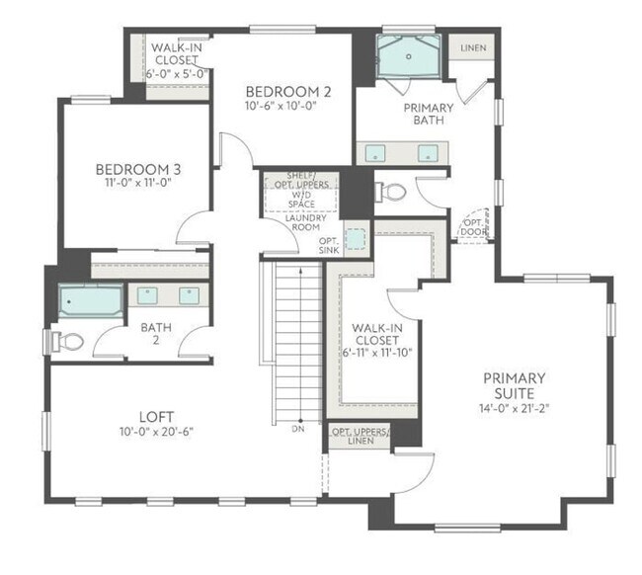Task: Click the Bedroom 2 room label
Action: pos(287,91)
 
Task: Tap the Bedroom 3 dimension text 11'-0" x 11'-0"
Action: pos(137,182)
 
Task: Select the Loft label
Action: pos(156,417)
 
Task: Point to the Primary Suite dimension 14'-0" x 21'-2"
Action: pos(515,408)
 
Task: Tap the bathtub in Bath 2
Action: pos(91,301)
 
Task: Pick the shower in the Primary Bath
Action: pos(408,56)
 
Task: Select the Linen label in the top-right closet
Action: pos(473,47)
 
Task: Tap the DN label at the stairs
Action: pos(298,429)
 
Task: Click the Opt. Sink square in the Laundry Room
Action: pos(356,239)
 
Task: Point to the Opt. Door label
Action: pos(474,227)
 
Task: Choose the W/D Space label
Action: pos(302,199)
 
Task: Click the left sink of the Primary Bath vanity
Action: pos(375,153)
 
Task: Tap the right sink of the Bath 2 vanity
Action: pos(190,295)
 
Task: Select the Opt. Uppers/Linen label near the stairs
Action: pos(361,436)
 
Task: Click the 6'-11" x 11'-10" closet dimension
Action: pos(377,353)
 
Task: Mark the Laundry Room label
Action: pos(306,222)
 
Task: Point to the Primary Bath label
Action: pos(429,114)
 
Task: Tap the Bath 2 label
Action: pos(156,334)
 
